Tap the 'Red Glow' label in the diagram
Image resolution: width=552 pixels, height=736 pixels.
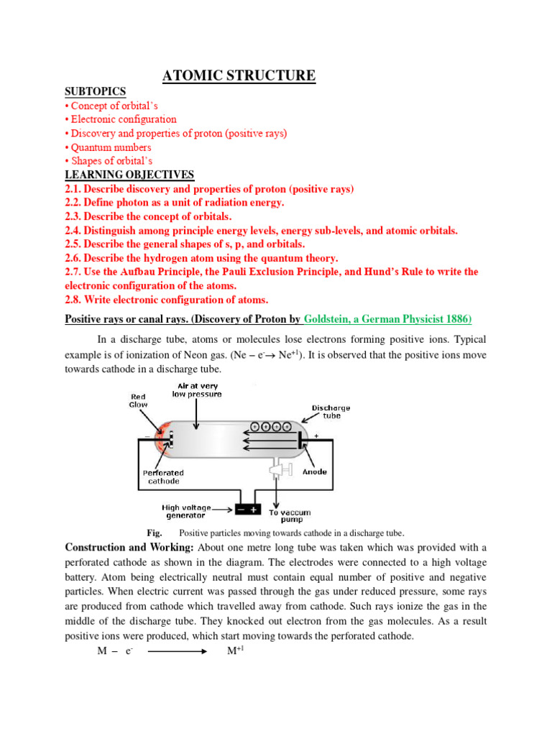(139, 400)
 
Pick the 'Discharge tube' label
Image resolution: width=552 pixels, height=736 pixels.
(331, 411)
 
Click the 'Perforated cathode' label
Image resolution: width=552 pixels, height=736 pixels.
(163, 477)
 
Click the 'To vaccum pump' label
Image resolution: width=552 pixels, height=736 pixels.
(286, 515)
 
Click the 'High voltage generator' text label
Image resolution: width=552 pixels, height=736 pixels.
(183, 511)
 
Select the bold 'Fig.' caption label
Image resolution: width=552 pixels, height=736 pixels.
(155, 533)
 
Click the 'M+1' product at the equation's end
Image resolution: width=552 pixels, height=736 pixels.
(236, 651)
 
